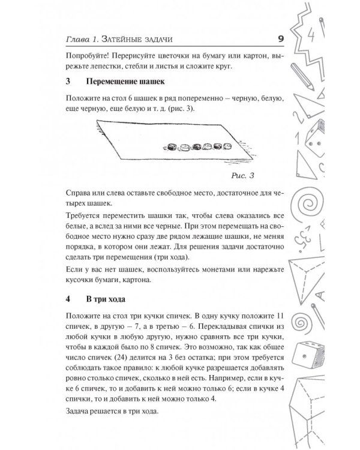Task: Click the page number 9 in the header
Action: pyautogui.click(x=281, y=39)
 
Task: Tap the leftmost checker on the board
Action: pyautogui.click(x=172, y=146)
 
